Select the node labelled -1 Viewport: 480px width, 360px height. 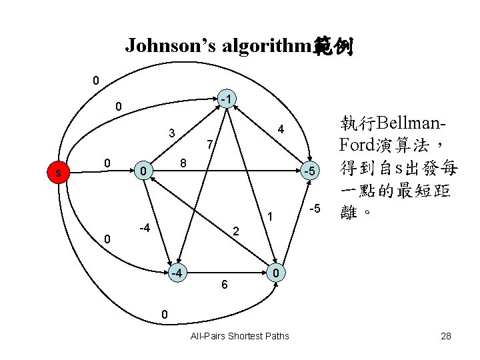pyautogui.click(x=227, y=100)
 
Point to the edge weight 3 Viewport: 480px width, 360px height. pyautogui.click(x=171, y=132)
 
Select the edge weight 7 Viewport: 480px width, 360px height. pyautogui.click(x=209, y=144)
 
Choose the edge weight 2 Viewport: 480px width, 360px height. pyautogui.click(x=235, y=232)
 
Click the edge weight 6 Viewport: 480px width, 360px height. pyautogui.click(x=225, y=285)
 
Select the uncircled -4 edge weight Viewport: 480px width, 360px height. pyautogui.click(x=144, y=229)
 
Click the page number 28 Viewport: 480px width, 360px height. pyautogui.click(x=446, y=335)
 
